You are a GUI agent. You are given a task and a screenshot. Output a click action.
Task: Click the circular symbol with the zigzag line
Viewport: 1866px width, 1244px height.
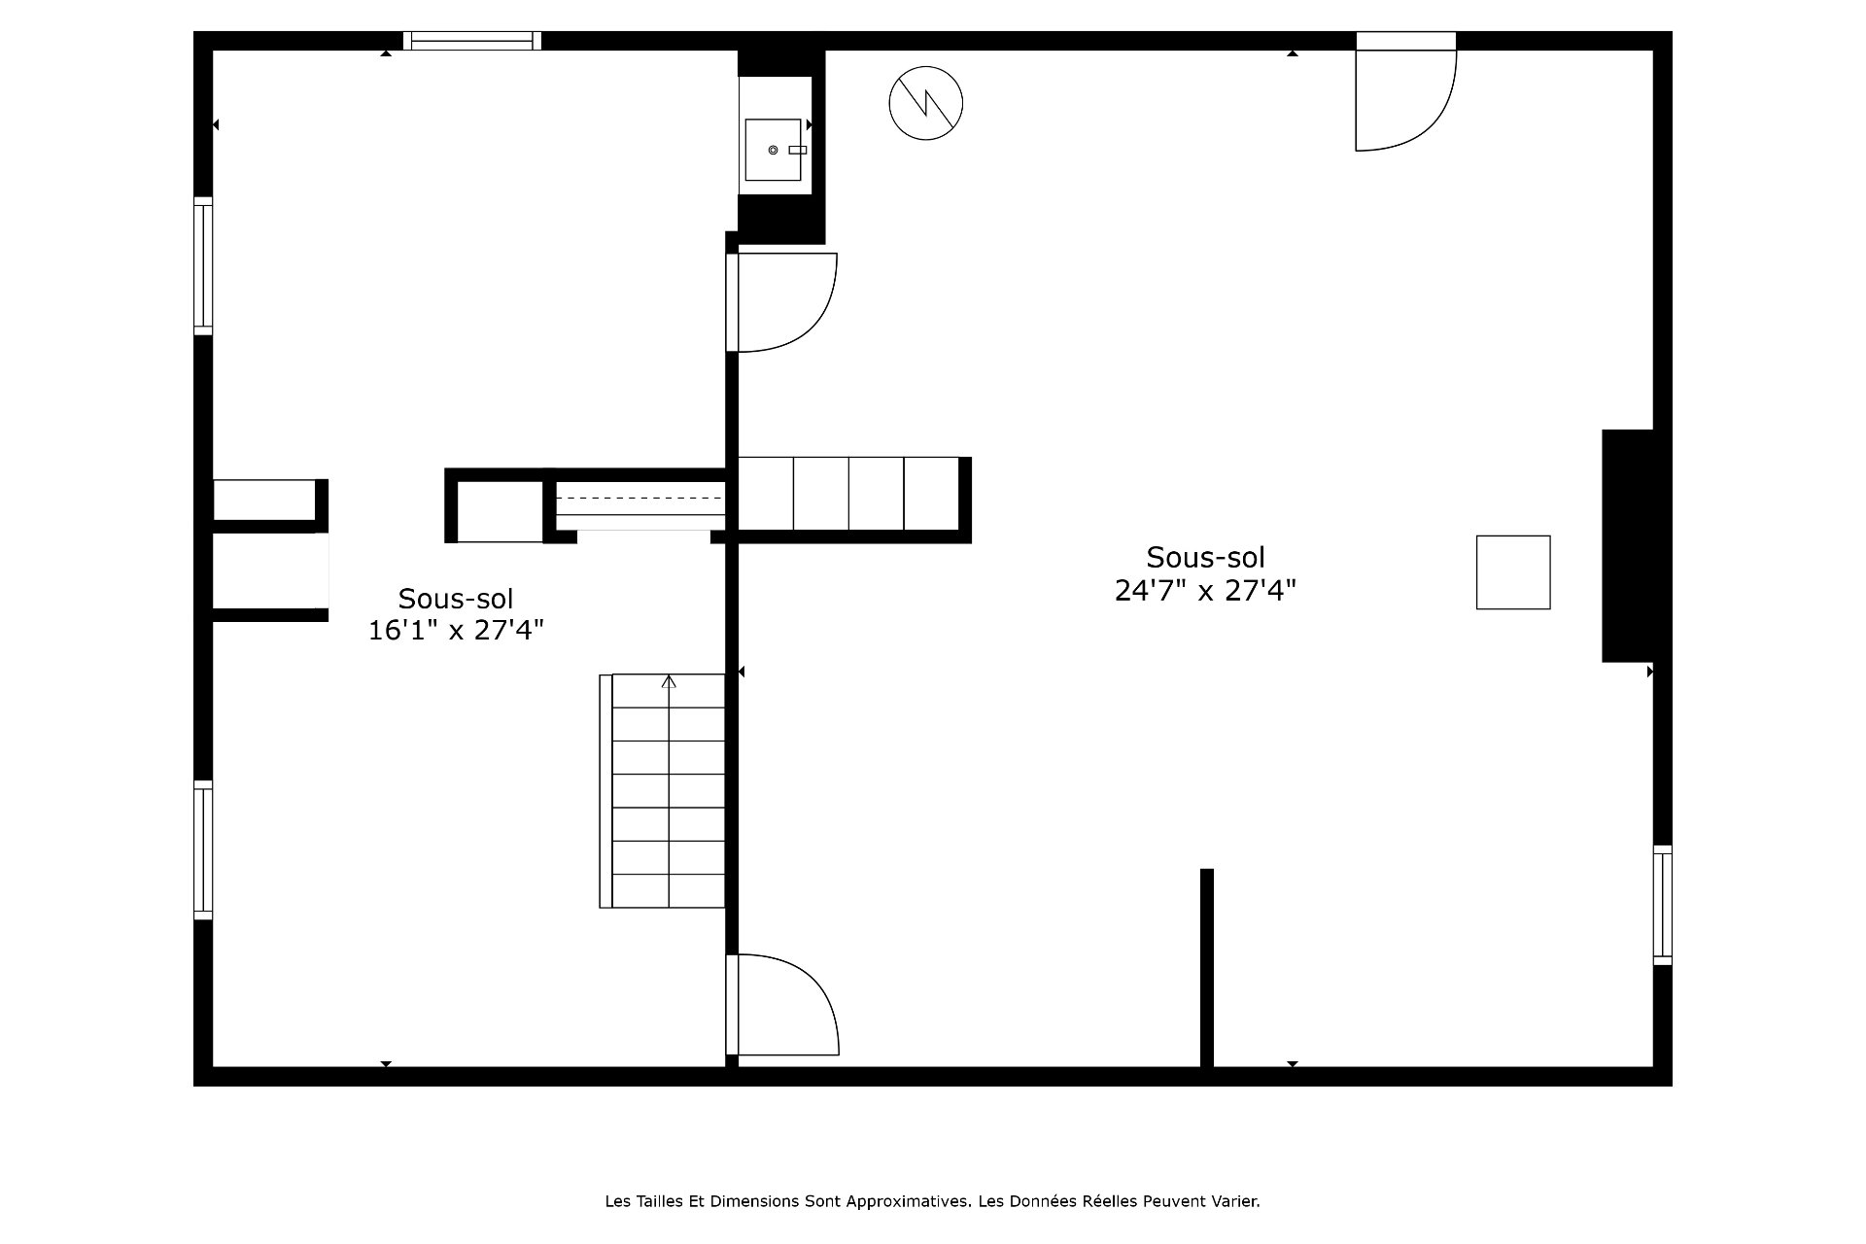tap(925, 103)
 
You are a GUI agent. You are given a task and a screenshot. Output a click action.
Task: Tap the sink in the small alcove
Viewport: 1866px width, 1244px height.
tap(774, 150)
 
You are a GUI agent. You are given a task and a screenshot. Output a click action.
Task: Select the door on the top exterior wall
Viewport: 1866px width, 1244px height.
tap(1405, 92)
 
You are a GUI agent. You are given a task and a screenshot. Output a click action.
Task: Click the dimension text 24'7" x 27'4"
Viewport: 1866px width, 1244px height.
tap(1205, 591)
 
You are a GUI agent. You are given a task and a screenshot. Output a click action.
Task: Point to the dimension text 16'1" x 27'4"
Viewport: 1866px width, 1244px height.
tap(456, 631)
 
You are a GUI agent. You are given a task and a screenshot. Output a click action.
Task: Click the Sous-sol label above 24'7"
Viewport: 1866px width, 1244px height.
tap(1205, 558)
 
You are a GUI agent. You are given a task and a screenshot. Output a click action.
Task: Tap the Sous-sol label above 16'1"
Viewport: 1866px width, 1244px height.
tap(456, 598)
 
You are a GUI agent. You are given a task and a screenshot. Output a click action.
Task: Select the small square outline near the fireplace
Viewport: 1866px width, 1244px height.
tap(1513, 572)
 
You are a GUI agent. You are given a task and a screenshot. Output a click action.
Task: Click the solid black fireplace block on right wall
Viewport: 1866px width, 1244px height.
tap(1628, 546)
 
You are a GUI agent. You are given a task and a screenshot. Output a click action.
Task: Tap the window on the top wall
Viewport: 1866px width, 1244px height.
tap(472, 41)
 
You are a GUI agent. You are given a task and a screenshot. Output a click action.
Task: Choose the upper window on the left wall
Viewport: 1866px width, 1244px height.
tap(203, 266)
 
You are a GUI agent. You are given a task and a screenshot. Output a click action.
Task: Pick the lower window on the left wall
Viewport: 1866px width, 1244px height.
tap(203, 849)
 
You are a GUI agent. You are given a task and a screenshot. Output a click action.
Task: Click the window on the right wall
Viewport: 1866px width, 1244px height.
tap(1663, 905)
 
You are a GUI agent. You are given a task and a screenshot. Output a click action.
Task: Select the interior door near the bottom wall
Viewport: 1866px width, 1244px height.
tap(782, 1005)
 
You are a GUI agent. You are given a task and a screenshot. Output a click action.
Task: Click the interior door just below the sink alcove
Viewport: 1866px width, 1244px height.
tap(781, 302)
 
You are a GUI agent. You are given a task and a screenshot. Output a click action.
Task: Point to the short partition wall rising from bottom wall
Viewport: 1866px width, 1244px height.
tap(1207, 968)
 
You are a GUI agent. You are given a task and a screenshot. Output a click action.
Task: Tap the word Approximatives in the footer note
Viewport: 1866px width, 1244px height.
tap(909, 1201)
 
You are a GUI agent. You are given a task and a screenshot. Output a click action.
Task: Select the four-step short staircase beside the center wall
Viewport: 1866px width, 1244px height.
tap(849, 494)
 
